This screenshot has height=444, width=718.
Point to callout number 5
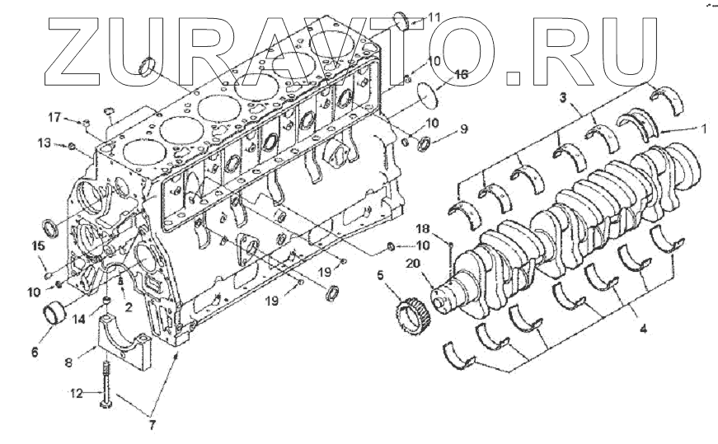coord(381,276)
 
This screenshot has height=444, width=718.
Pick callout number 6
coord(35,352)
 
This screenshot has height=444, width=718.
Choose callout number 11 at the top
coord(434,16)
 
